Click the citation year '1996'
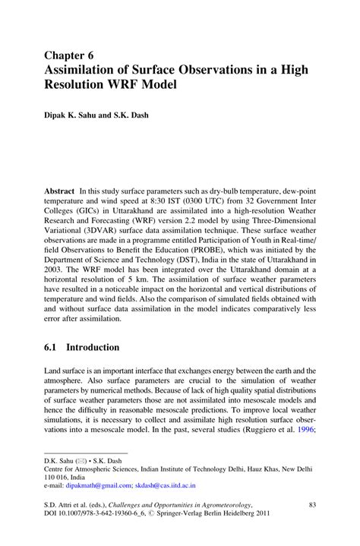[304, 428]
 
